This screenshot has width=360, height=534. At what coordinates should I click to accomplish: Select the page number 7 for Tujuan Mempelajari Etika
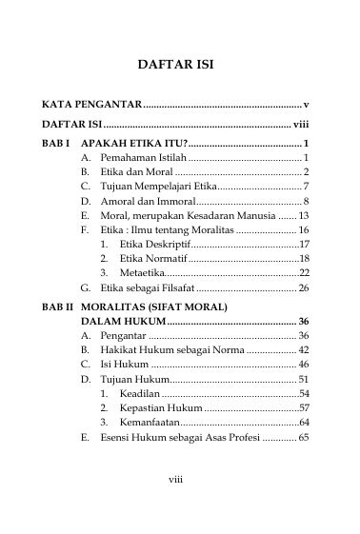[x=306, y=186]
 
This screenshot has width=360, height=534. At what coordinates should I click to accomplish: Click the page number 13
[x=303, y=215]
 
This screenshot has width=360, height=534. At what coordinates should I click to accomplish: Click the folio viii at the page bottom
[x=175, y=479]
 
